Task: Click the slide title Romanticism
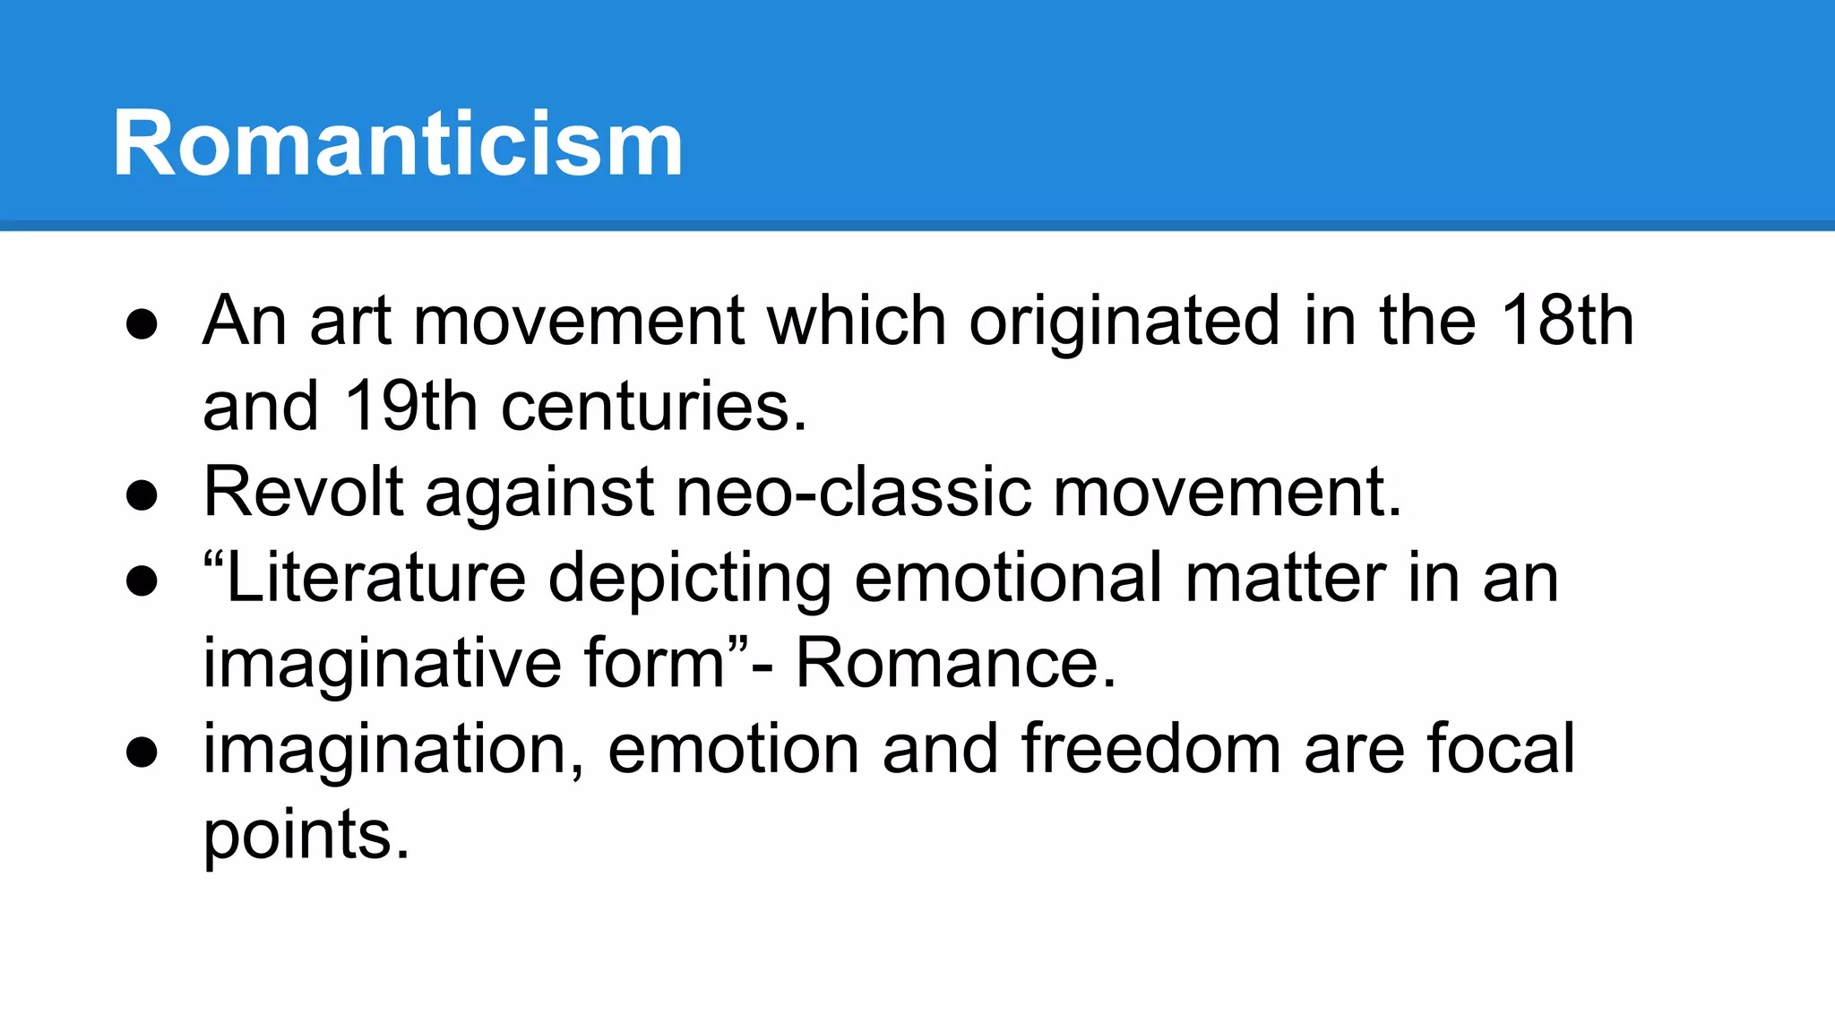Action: (398, 143)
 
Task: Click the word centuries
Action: (654, 407)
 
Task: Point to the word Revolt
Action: (303, 492)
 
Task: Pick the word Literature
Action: (376, 578)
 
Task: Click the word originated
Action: (1124, 322)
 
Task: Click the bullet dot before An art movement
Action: (142, 324)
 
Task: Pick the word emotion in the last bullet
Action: (733, 749)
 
